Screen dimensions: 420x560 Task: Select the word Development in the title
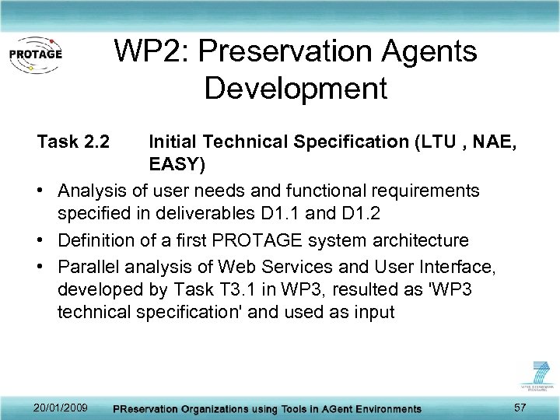[296, 89]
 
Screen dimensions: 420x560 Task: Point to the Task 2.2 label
[74, 142]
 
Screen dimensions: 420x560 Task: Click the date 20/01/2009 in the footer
[61, 408]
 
